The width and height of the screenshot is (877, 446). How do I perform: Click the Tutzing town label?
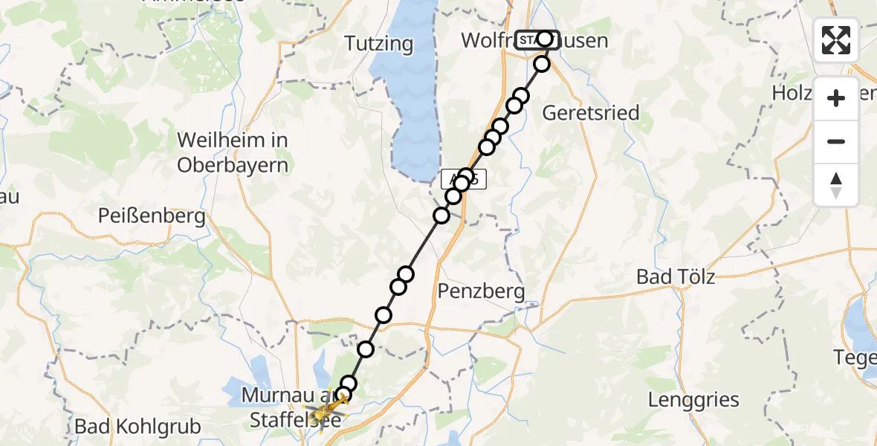tap(379, 44)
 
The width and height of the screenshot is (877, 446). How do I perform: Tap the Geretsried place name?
tap(591, 113)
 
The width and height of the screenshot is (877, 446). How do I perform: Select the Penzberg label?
tap(482, 291)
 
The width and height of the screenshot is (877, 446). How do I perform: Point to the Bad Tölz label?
tap(676, 277)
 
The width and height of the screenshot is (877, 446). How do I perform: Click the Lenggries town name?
tap(693, 400)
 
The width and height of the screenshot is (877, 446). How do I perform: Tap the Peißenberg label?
tap(152, 216)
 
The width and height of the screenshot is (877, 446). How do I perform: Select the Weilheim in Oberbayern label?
tap(232, 152)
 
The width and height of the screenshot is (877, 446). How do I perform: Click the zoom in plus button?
tap(836, 98)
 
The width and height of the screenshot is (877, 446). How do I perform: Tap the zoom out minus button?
tap(836, 141)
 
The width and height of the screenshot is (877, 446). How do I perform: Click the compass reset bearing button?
tap(836, 184)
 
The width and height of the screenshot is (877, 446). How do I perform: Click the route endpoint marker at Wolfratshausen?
tap(546, 39)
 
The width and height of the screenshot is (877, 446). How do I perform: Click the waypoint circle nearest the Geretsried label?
tap(520, 96)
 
